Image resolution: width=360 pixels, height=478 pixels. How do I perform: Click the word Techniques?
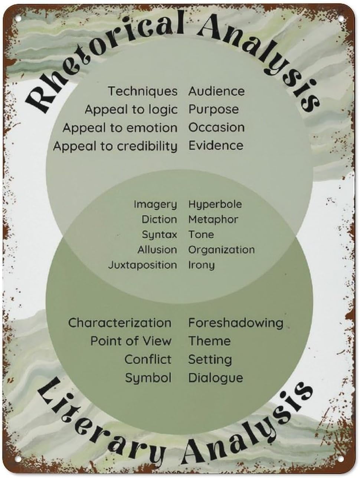click(x=143, y=91)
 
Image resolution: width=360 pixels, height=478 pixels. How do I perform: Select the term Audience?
click(x=216, y=91)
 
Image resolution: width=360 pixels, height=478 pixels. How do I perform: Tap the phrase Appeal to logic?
click(x=131, y=109)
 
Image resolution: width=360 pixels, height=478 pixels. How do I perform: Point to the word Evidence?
click(x=216, y=145)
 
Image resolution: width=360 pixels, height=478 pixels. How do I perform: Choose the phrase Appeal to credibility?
click(x=115, y=146)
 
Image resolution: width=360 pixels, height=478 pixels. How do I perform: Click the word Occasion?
click(x=216, y=127)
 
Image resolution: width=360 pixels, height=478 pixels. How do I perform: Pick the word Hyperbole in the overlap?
click(x=215, y=204)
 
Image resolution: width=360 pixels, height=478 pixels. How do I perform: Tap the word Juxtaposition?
click(x=143, y=265)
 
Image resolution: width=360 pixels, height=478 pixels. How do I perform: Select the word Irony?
click(x=201, y=265)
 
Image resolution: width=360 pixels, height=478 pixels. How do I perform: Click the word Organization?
click(x=221, y=250)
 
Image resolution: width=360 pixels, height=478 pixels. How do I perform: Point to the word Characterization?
click(x=120, y=323)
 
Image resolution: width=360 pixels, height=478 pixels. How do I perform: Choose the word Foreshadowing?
click(x=235, y=323)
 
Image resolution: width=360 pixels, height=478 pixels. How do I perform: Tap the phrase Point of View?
click(x=131, y=341)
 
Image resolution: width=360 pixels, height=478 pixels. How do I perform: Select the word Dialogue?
click(x=215, y=378)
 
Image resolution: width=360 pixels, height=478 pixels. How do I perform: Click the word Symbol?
click(x=148, y=378)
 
